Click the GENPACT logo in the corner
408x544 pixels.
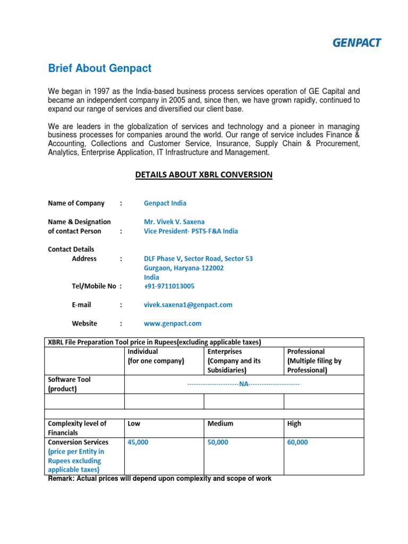click(358, 42)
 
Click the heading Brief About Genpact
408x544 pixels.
click(100, 69)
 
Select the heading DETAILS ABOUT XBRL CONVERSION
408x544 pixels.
click(203, 175)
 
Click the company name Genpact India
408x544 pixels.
click(165, 203)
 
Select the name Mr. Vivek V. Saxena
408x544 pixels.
click(174, 222)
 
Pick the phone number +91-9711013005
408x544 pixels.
click(169, 286)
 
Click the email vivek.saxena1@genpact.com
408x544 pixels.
click(188, 305)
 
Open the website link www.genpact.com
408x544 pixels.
click(173, 324)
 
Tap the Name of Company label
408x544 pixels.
click(76, 203)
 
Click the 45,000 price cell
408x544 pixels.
click(138, 443)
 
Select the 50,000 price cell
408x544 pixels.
click(218, 443)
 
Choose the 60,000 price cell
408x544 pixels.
click(297, 443)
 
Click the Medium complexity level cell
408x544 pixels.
click(220, 424)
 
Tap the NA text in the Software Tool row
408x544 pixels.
click(244, 384)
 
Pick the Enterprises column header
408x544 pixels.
click(225, 352)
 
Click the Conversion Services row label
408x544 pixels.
click(78, 443)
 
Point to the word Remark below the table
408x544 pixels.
click(61, 479)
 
